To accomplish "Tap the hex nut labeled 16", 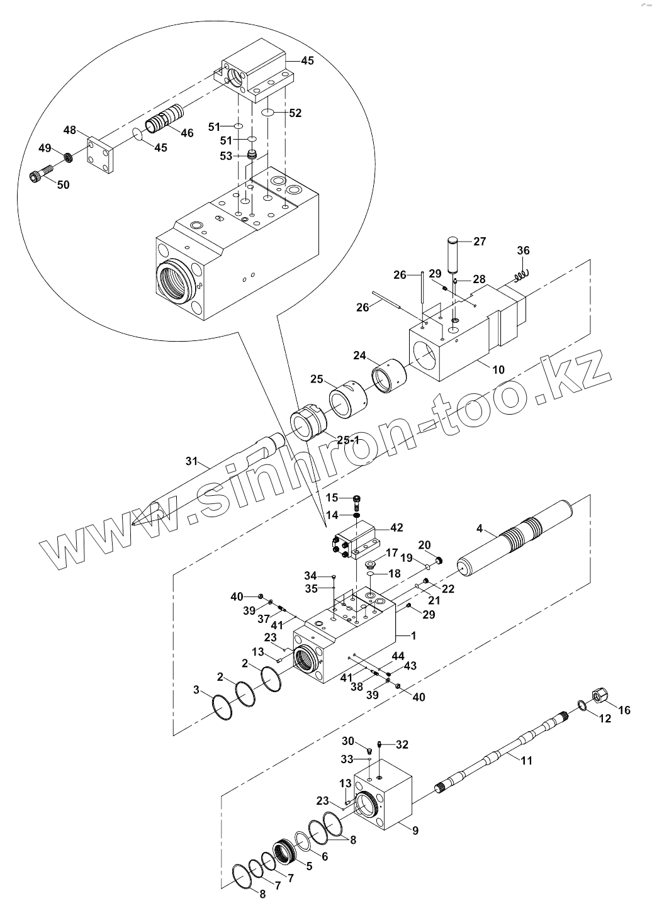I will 599,696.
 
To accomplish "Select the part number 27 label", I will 480,241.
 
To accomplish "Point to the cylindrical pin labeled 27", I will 454,254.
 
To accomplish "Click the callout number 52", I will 295,113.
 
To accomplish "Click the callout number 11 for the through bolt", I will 526,760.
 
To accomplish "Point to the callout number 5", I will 308,866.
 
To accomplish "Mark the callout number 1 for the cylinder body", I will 413,635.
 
